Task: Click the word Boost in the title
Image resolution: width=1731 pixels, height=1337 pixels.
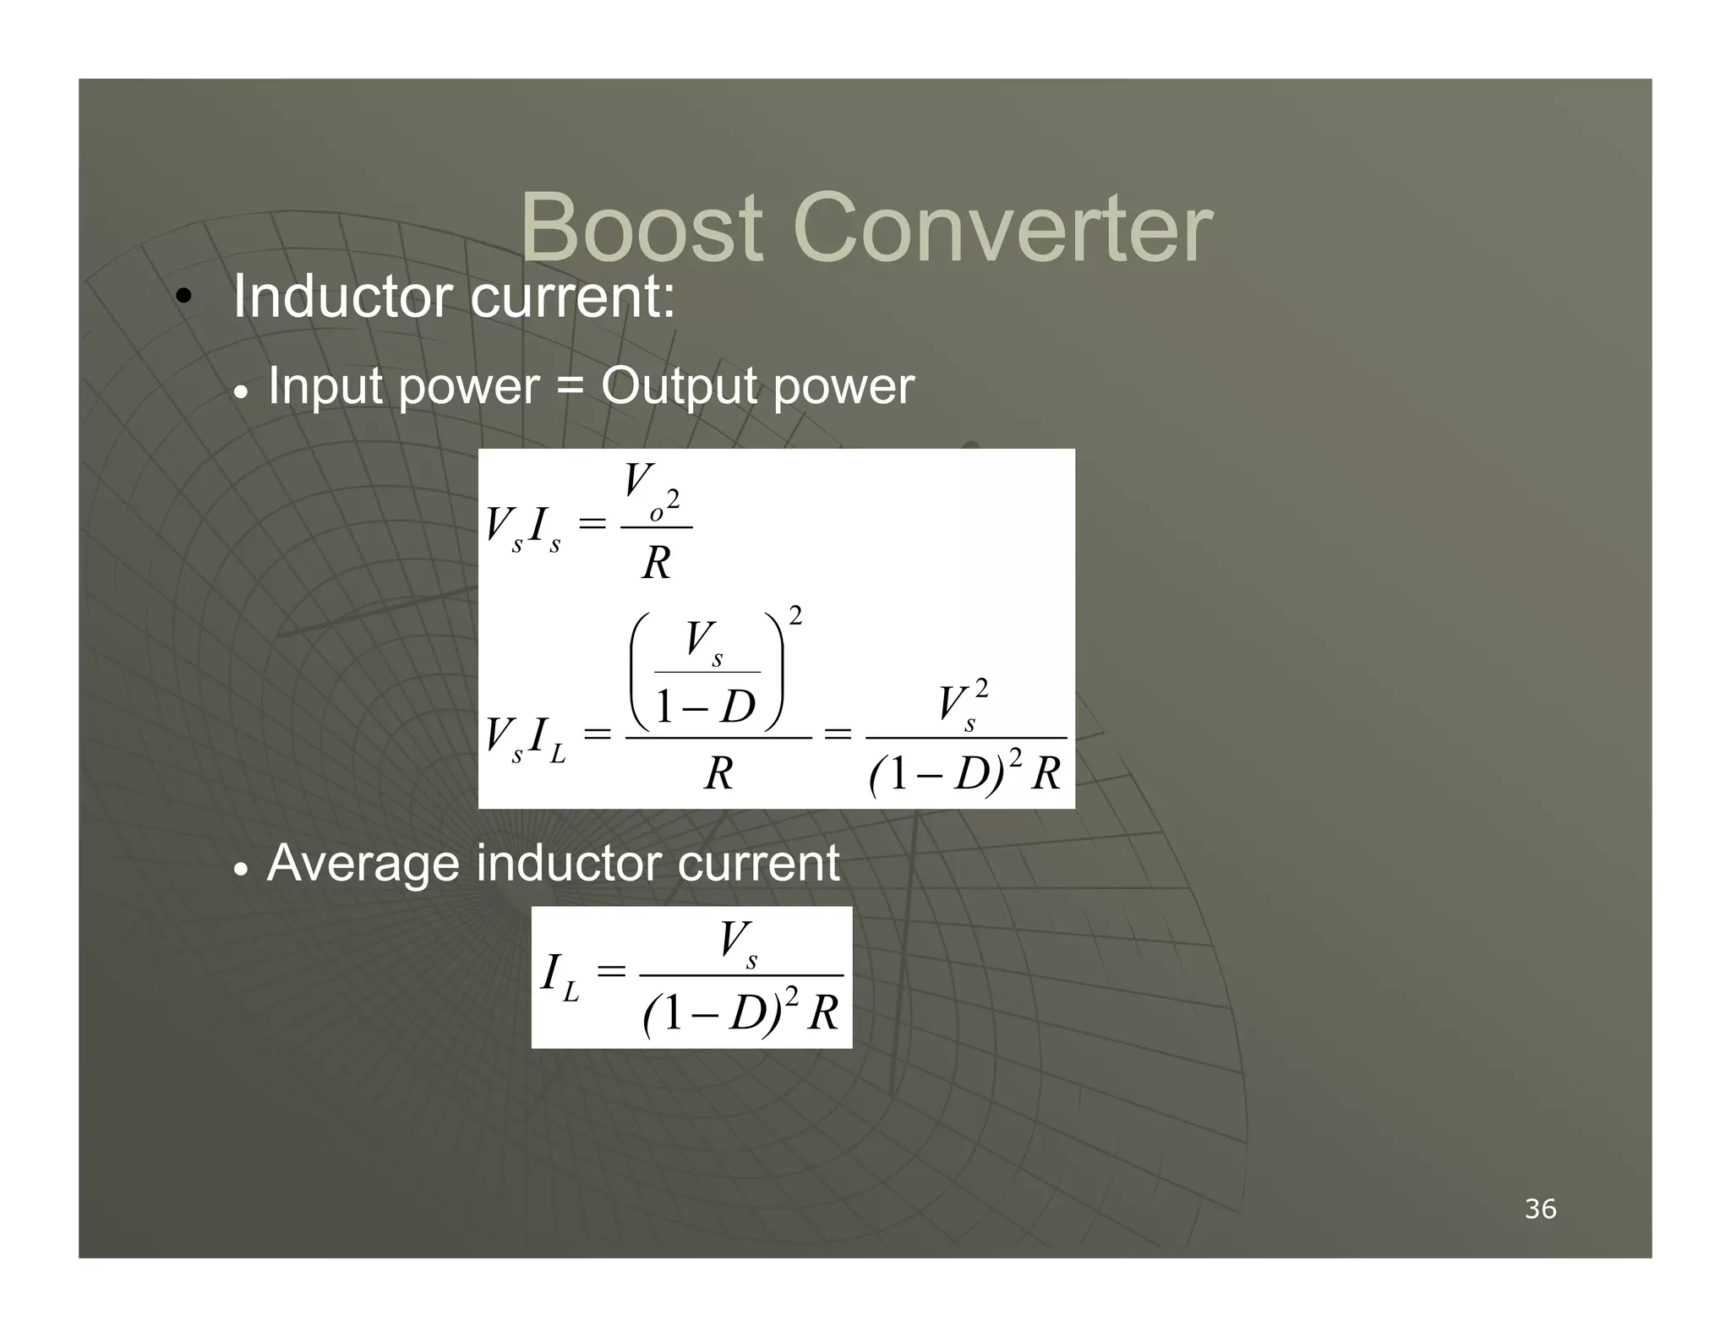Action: pyautogui.click(x=642, y=228)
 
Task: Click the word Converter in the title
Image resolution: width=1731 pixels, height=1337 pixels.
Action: pyautogui.click(x=1002, y=228)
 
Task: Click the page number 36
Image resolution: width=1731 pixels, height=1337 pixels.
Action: pyautogui.click(x=1540, y=1209)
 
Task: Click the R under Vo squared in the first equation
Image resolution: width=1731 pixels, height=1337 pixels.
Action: pyautogui.click(x=656, y=563)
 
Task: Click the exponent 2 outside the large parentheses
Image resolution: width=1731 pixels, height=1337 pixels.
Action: pyautogui.click(x=795, y=614)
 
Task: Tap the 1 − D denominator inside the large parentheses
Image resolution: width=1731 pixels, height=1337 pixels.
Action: pyautogui.click(x=706, y=707)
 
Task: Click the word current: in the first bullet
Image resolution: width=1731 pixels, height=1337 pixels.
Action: pyautogui.click(x=572, y=297)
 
